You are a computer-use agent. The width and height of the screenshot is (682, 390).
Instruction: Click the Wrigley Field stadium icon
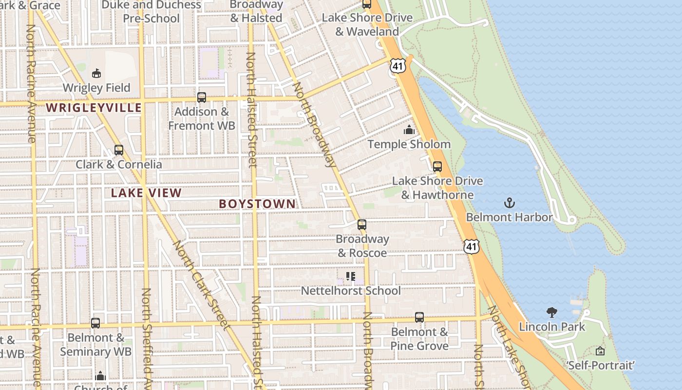(96, 73)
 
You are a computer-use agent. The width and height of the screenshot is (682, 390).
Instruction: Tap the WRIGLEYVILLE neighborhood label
(94, 108)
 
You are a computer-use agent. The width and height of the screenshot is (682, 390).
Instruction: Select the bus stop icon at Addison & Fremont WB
(202, 97)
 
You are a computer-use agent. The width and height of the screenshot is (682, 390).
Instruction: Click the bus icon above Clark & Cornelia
(119, 150)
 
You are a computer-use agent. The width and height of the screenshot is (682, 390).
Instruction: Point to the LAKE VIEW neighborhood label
(146, 193)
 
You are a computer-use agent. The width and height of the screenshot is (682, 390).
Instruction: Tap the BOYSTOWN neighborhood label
(257, 204)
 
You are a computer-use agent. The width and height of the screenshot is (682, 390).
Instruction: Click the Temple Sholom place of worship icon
(409, 130)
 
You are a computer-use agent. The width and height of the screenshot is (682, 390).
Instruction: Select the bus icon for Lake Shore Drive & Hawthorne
(437, 166)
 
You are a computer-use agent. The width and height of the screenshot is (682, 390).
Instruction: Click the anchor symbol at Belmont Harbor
(509, 203)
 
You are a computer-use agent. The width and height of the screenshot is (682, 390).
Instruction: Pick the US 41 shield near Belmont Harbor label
(471, 246)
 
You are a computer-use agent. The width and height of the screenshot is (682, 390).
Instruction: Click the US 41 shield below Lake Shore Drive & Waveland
(398, 66)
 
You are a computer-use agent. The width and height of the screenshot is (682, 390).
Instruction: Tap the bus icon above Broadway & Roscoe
(362, 225)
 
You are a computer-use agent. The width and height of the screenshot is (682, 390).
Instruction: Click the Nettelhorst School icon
(351, 277)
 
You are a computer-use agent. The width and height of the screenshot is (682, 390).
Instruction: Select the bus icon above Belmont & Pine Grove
(419, 317)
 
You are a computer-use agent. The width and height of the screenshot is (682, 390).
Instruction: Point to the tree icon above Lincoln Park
(552, 312)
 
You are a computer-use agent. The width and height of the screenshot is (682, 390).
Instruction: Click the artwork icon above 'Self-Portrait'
(600, 351)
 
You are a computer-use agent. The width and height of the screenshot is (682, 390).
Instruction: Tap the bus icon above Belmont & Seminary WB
(95, 323)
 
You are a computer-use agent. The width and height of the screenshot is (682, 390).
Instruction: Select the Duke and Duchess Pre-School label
(152, 12)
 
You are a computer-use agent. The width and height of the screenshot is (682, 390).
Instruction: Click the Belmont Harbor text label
(509, 217)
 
